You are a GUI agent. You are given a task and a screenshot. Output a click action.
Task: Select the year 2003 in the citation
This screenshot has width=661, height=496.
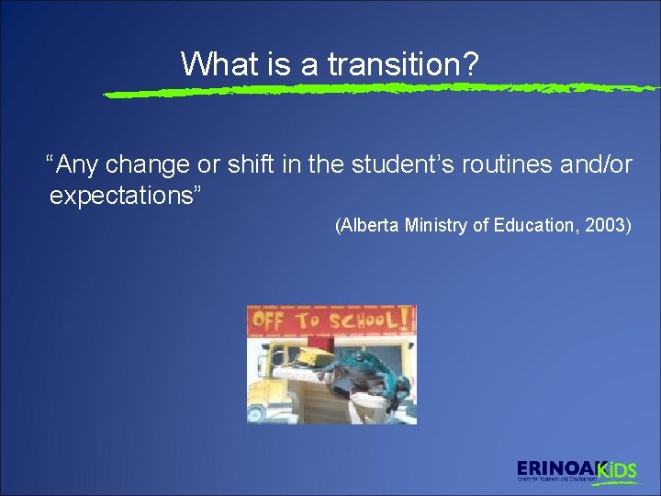(x=610, y=226)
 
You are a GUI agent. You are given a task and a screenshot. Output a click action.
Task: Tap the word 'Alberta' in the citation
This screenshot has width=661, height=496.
(x=370, y=226)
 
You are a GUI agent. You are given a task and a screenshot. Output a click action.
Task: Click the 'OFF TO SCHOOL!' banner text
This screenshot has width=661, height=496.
(x=330, y=321)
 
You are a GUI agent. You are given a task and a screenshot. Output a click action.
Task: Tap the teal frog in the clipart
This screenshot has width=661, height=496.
(x=367, y=372)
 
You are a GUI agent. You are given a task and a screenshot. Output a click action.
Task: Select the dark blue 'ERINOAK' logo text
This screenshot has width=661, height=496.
(x=556, y=468)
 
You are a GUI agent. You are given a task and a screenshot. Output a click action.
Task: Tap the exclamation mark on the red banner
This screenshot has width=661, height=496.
(x=405, y=319)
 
